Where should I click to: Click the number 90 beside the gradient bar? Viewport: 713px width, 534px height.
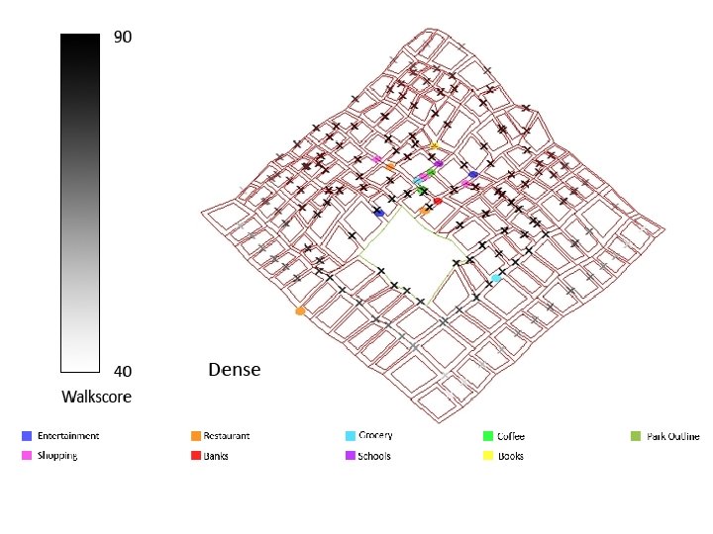click(x=123, y=38)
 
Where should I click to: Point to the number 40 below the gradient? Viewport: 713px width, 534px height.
click(x=123, y=372)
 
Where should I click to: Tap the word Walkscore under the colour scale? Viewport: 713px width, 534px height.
click(x=96, y=398)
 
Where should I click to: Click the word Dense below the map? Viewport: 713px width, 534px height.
click(x=235, y=370)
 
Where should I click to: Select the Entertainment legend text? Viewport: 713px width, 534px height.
click(x=68, y=436)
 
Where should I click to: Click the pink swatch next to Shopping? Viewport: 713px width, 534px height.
click(x=27, y=456)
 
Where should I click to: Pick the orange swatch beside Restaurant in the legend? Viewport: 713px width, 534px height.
click(x=196, y=436)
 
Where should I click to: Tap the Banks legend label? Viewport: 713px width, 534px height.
click(x=217, y=456)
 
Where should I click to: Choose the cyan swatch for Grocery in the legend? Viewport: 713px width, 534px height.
click(x=351, y=436)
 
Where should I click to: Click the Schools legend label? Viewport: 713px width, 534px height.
click(x=374, y=456)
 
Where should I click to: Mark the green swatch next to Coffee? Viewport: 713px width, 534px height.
click(x=488, y=436)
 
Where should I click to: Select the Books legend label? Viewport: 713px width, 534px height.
click(x=511, y=456)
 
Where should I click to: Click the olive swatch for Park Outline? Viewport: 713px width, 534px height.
click(x=637, y=436)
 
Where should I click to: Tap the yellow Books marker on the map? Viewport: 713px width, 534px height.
click(x=434, y=146)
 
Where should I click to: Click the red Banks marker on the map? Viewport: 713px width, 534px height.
click(x=438, y=201)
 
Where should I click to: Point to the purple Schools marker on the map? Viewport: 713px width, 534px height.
click(x=439, y=163)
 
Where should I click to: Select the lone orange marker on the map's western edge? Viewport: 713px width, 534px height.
click(x=300, y=311)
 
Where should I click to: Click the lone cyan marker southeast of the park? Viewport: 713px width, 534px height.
click(x=496, y=279)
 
